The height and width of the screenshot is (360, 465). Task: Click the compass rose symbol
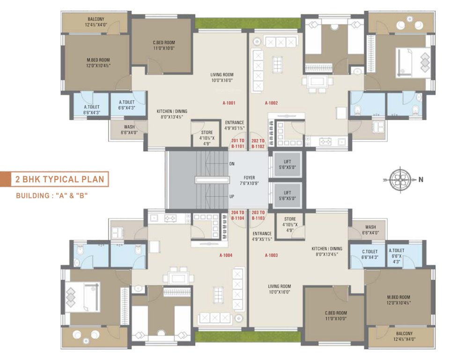401,178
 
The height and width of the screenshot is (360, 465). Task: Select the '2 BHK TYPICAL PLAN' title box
60,180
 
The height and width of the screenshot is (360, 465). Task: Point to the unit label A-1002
271,103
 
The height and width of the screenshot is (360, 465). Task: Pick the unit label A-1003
271,255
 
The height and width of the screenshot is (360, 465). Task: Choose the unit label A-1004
226,255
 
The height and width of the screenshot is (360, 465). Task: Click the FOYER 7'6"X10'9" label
249,180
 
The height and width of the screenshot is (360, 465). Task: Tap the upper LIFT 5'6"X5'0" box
287,165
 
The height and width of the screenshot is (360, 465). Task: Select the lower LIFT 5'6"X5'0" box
287,195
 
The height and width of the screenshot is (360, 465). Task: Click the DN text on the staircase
232,164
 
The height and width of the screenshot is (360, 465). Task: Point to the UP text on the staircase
232,196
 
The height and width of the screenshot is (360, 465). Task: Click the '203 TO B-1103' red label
258,215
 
